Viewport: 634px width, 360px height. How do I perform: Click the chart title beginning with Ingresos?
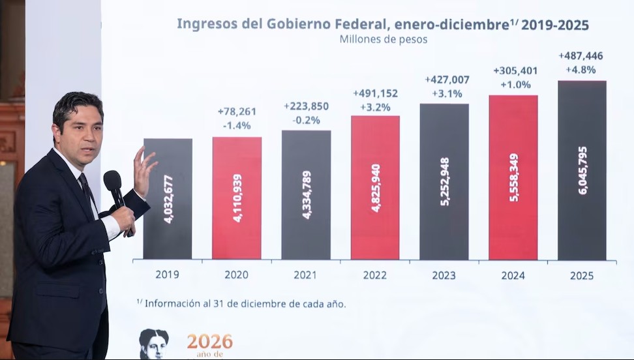pos(382,25)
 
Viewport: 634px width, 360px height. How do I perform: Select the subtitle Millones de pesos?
pos(383,40)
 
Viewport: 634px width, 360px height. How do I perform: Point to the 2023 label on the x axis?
pos(444,276)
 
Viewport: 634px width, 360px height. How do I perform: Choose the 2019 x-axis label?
pos(167,275)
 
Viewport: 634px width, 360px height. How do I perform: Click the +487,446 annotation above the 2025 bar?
pos(581,56)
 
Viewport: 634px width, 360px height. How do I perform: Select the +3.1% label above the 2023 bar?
pos(446,93)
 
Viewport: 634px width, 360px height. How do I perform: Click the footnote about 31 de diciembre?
pos(241,303)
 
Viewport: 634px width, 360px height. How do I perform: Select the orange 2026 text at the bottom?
pos(209,341)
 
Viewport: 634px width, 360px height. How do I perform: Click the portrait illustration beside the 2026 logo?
pos(154,344)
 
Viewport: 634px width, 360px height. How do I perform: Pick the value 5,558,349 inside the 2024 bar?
pos(513,177)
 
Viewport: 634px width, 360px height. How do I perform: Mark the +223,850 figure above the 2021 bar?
pos(306,106)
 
